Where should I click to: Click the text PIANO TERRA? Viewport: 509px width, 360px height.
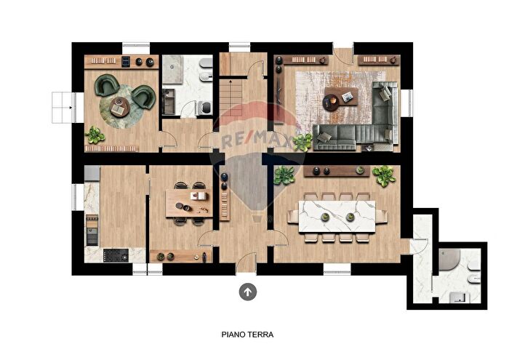point(247,335)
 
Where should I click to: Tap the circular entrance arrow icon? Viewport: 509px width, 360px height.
point(248,292)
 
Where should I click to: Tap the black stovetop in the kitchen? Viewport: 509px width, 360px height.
point(116,255)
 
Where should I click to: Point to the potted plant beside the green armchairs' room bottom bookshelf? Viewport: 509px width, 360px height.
point(95,134)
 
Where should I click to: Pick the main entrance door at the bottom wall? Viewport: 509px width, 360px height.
point(247,263)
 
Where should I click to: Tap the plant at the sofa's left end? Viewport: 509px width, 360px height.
point(302,140)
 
